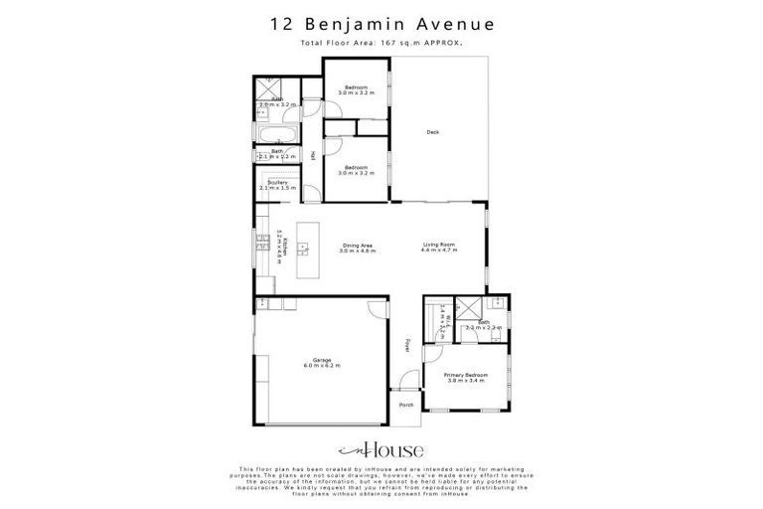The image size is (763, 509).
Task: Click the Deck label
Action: pyautogui.click(x=432, y=132)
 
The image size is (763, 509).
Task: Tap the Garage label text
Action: pyautogui.click(x=322, y=360)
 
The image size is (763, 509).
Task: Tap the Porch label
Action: pyautogui.click(x=405, y=406)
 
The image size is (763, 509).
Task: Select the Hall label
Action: pyautogui.click(x=313, y=155)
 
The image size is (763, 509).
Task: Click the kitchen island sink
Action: pyautogui.click(x=302, y=246)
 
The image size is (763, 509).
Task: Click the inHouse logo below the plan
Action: pyautogui.click(x=381, y=448)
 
